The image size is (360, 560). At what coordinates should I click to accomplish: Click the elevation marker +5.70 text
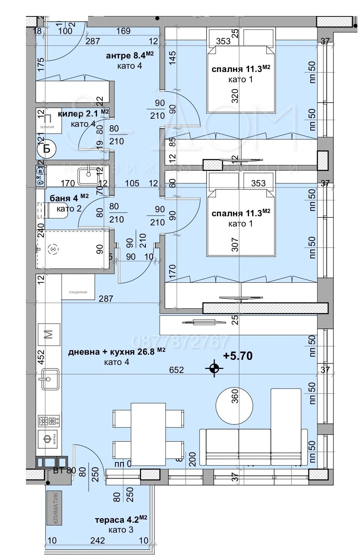click(238, 356)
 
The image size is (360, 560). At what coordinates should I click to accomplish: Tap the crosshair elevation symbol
click(214, 369)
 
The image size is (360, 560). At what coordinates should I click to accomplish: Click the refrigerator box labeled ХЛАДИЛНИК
click(78, 287)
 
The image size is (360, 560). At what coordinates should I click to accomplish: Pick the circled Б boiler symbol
click(46, 149)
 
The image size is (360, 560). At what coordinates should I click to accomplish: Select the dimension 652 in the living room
click(176, 370)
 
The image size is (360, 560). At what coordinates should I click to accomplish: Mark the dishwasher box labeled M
click(49, 334)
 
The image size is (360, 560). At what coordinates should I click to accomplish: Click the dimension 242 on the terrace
click(98, 540)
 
